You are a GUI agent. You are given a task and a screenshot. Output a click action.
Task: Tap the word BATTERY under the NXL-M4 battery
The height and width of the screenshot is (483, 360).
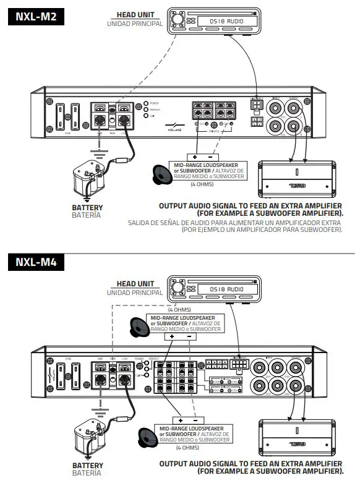(x=88, y=465)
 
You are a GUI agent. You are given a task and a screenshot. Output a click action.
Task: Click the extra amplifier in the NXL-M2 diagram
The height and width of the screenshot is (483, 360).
(x=296, y=176)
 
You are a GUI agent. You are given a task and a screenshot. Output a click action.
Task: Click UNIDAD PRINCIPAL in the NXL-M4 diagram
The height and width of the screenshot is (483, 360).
(x=135, y=293)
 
